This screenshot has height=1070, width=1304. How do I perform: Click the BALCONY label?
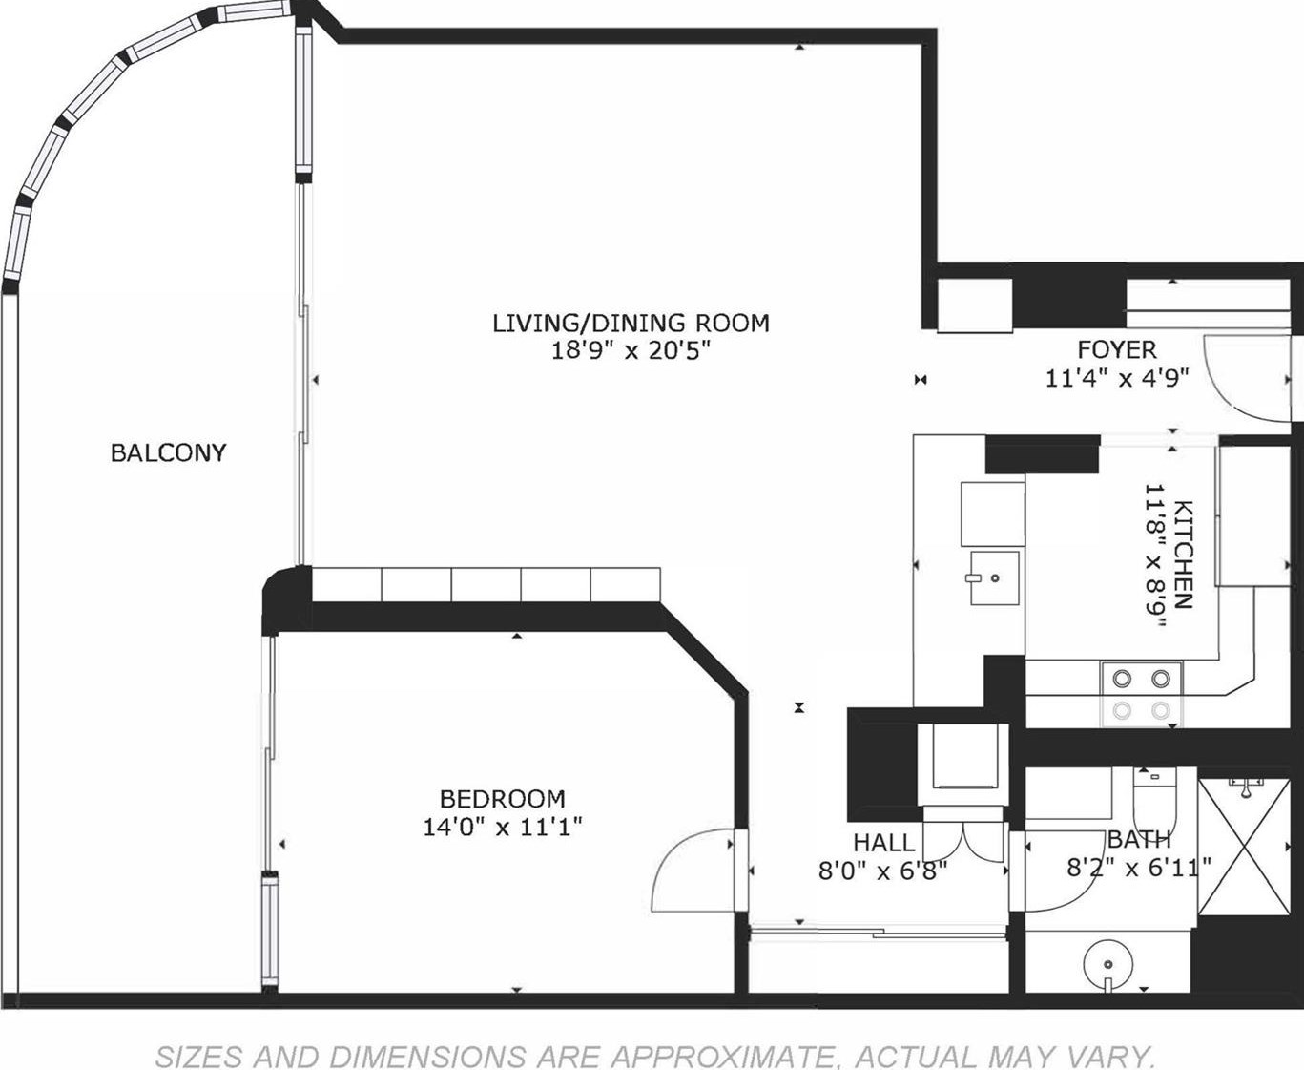[168, 452]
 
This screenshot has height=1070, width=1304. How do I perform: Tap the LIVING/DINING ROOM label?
[631, 323]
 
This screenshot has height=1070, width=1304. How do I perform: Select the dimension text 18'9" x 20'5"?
[631, 351]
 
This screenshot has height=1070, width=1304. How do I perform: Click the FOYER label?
[1116, 349]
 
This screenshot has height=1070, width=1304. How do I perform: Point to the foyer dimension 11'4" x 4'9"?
[1116, 378]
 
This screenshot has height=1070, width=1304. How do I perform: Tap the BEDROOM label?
[502, 798]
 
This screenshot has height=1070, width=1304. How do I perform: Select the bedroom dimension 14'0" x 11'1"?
[502, 826]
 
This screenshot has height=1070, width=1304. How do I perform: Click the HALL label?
[883, 842]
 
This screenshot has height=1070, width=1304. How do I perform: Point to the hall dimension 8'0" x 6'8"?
[882, 871]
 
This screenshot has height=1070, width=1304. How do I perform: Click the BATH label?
[1139, 840]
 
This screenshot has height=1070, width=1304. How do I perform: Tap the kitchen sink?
[994, 577]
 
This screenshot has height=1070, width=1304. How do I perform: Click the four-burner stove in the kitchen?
[1141, 694]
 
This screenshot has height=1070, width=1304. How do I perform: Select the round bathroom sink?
[1107, 966]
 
